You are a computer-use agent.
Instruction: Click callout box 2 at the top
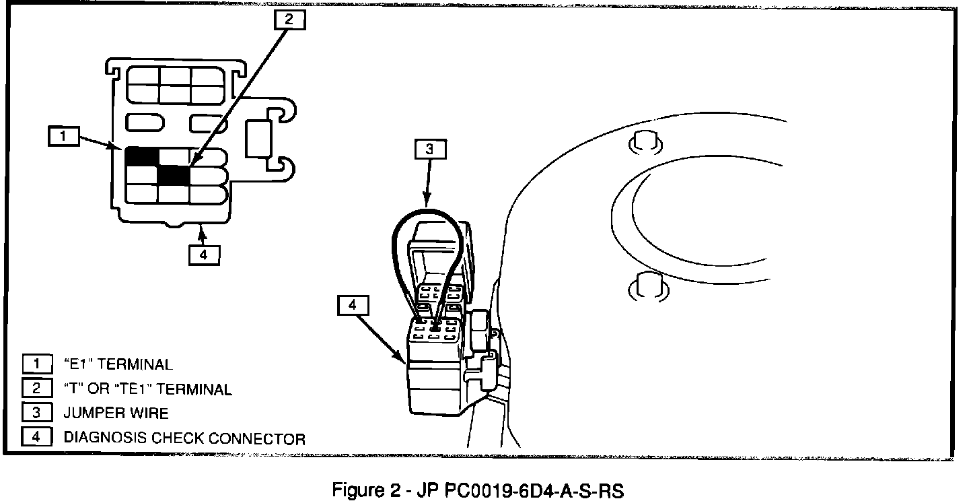tap(289, 20)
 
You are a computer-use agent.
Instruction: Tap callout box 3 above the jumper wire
tap(430, 149)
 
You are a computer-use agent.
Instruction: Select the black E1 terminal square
tap(141, 156)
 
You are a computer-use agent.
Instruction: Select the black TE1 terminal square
tap(174, 175)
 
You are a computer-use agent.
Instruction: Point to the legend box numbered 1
tap(37, 364)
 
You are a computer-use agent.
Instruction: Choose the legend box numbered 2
tap(37, 389)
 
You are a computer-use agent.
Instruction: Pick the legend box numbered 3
tap(37, 413)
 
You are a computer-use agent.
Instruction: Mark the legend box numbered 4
tap(37, 437)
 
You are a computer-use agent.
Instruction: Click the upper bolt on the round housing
tap(645, 142)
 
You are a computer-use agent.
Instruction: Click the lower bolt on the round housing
tap(647, 286)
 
